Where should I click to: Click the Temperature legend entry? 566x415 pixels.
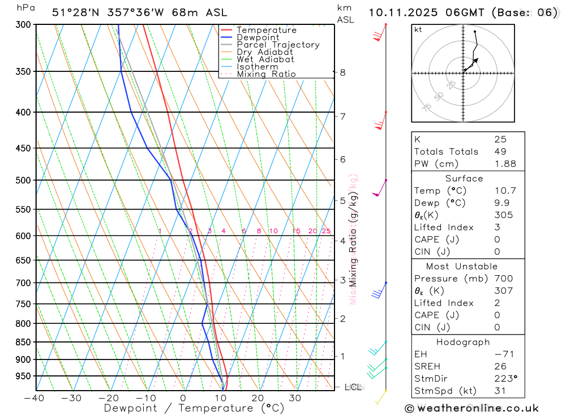(x=266, y=30)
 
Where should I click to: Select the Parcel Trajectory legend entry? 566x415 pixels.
(x=278, y=45)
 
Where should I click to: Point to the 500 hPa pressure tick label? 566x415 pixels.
(x=23, y=180)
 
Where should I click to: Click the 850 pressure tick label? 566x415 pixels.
(x=23, y=342)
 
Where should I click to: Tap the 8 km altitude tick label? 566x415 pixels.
(x=342, y=72)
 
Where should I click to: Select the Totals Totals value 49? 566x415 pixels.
(x=500, y=151)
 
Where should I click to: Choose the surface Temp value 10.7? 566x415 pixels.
(x=505, y=191)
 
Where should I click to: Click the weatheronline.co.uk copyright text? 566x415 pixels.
(x=471, y=408)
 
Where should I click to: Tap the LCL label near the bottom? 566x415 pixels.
(x=353, y=387)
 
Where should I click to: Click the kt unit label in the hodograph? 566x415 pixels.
(x=418, y=29)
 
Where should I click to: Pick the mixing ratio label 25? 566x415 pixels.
(x=326, y=231)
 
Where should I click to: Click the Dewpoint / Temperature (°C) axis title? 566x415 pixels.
(x=194, y=408)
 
